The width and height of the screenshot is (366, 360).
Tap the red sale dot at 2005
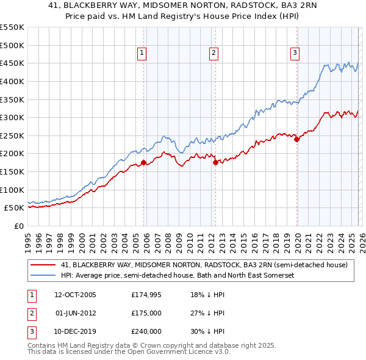click(x=144, y=163)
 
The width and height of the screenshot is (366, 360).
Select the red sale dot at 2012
click(x=215, y=163)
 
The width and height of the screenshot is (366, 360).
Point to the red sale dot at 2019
click(x=297, y=139)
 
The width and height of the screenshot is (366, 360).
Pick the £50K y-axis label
click(x=14, y=207)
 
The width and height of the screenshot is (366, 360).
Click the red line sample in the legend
click(x=43, y=265)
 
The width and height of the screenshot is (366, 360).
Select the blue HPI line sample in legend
click(x=43, y=276)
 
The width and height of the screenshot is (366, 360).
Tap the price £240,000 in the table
click(x=146, y=331)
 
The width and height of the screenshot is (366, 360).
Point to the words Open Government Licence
click(x=185, y=352)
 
